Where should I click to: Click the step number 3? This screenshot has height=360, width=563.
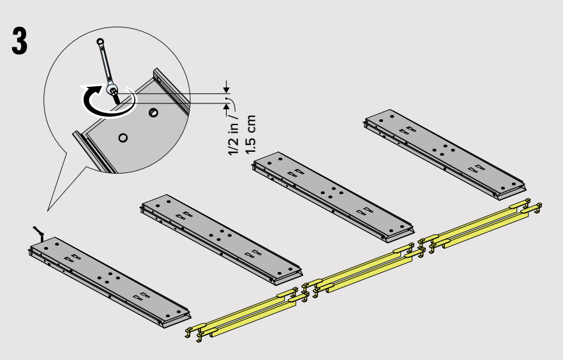point(19,41)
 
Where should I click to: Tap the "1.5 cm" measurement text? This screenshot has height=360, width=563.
point(250,135)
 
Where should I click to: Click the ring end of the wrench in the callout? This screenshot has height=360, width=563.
point(100,41)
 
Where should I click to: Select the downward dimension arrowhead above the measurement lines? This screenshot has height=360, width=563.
point(226,88)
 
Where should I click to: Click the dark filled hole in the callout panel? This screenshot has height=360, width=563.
point(153,113)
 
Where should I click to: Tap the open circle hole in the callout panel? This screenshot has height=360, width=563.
point(123,138)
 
